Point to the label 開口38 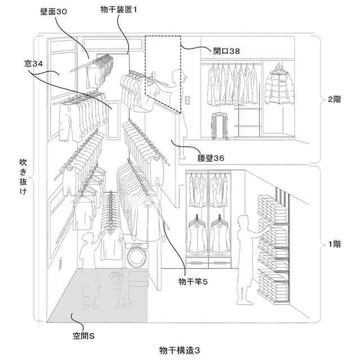(226, 51)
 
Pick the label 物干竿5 (193, 281)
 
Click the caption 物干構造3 (179, 350)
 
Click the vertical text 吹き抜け (24, 178)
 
